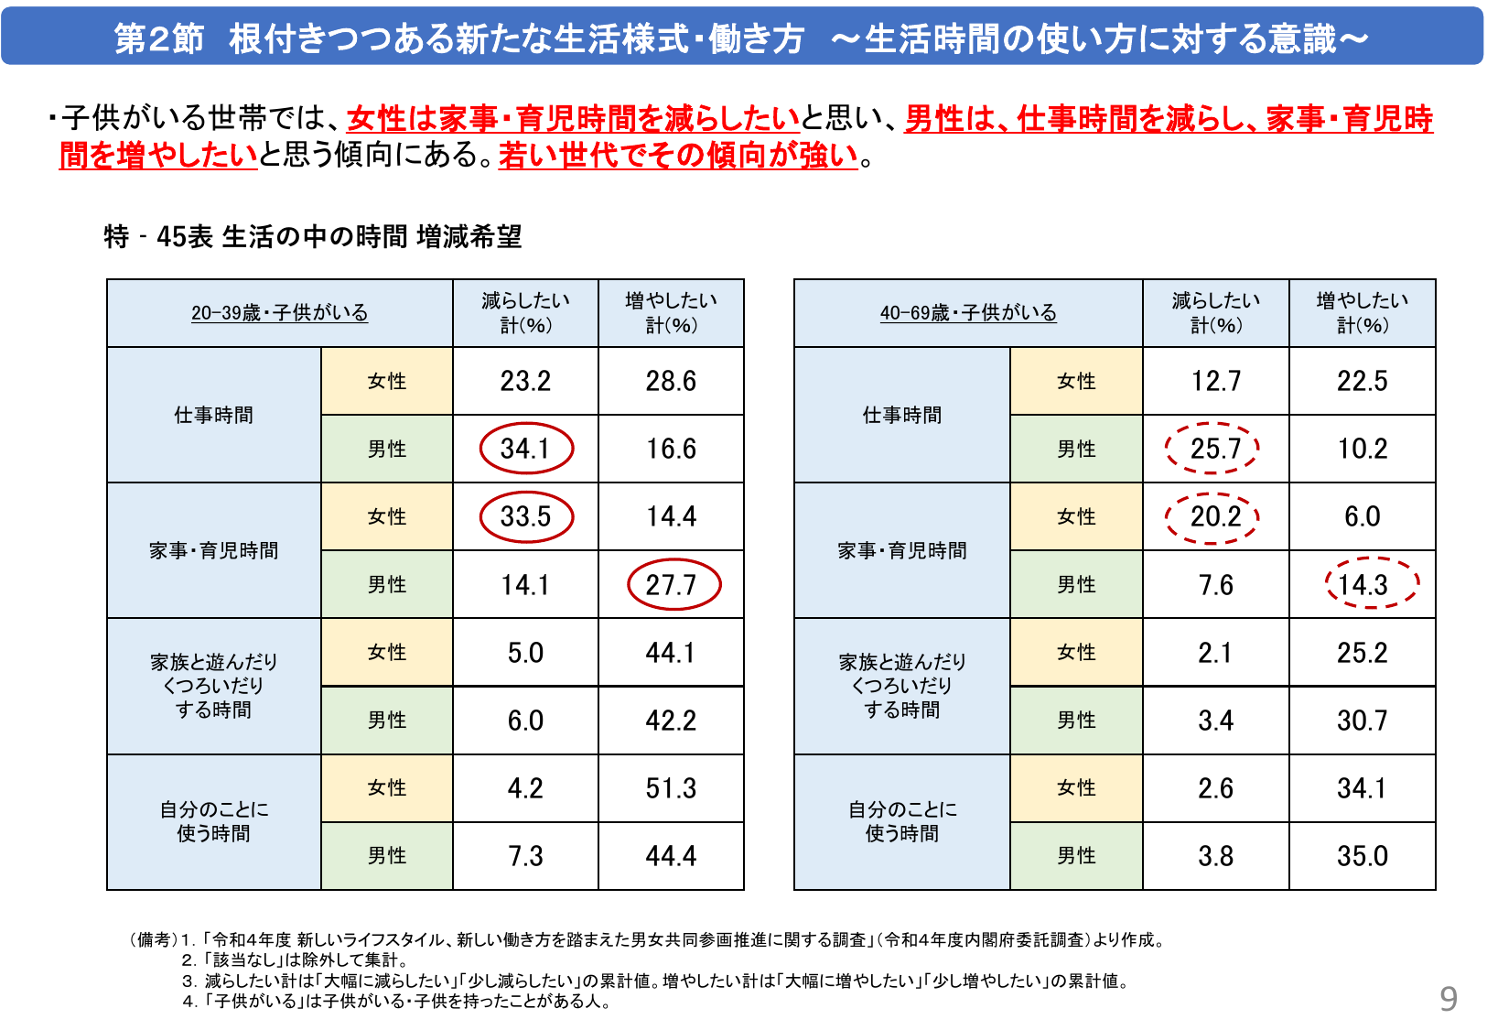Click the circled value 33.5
526,516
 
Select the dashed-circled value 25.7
1214,449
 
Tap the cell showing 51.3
671,788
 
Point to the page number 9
1448,998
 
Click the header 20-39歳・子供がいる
279,313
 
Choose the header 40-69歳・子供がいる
968,313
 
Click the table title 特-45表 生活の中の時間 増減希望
313,237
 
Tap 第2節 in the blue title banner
159,39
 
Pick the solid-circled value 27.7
673,584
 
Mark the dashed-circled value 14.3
1363,584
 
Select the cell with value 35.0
1362,856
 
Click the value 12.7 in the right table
1215,381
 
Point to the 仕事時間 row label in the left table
214,416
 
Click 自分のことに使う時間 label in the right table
902,821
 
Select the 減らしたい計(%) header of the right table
1215,313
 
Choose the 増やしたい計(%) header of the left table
671,313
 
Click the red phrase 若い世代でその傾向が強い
678,156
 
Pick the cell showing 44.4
671,856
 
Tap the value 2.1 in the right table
1215,653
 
